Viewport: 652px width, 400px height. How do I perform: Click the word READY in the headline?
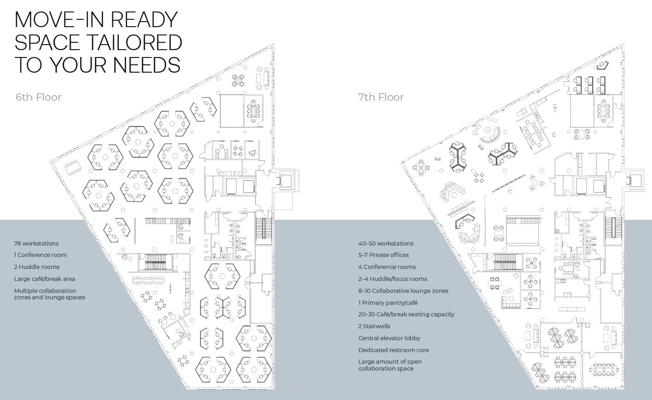click(x=144, y=20)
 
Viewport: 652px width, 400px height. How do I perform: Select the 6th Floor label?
click(x=39, y=97)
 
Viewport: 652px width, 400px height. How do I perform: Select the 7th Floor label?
click(x=381, y=97)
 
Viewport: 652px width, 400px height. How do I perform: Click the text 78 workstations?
click(x=36, y=244)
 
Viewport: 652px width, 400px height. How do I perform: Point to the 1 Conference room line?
click(x=40, y=255)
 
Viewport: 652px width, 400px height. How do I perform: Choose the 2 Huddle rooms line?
click(x=37, y=267)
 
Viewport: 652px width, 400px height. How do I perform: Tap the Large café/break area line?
click(x=45, y=279)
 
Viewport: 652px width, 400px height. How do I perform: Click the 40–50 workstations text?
click(x=386, y=244)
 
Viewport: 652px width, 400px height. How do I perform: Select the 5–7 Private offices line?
click(x=384, y=255)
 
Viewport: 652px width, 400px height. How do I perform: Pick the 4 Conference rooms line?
click(x=387, y=267)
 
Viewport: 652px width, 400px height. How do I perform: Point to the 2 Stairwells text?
click(x=375, y=326)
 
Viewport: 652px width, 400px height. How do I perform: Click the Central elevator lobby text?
click(x=389, y=338)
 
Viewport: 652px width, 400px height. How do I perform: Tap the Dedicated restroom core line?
click(x=393, y=350)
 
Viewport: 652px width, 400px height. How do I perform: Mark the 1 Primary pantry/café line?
click(x=388, y=303)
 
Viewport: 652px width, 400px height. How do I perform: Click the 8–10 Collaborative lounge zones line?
click(x=404, y=291)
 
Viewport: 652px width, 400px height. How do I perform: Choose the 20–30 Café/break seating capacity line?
click(x=406, y=314)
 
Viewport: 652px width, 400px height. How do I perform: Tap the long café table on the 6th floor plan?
click(x=148, y=280)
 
